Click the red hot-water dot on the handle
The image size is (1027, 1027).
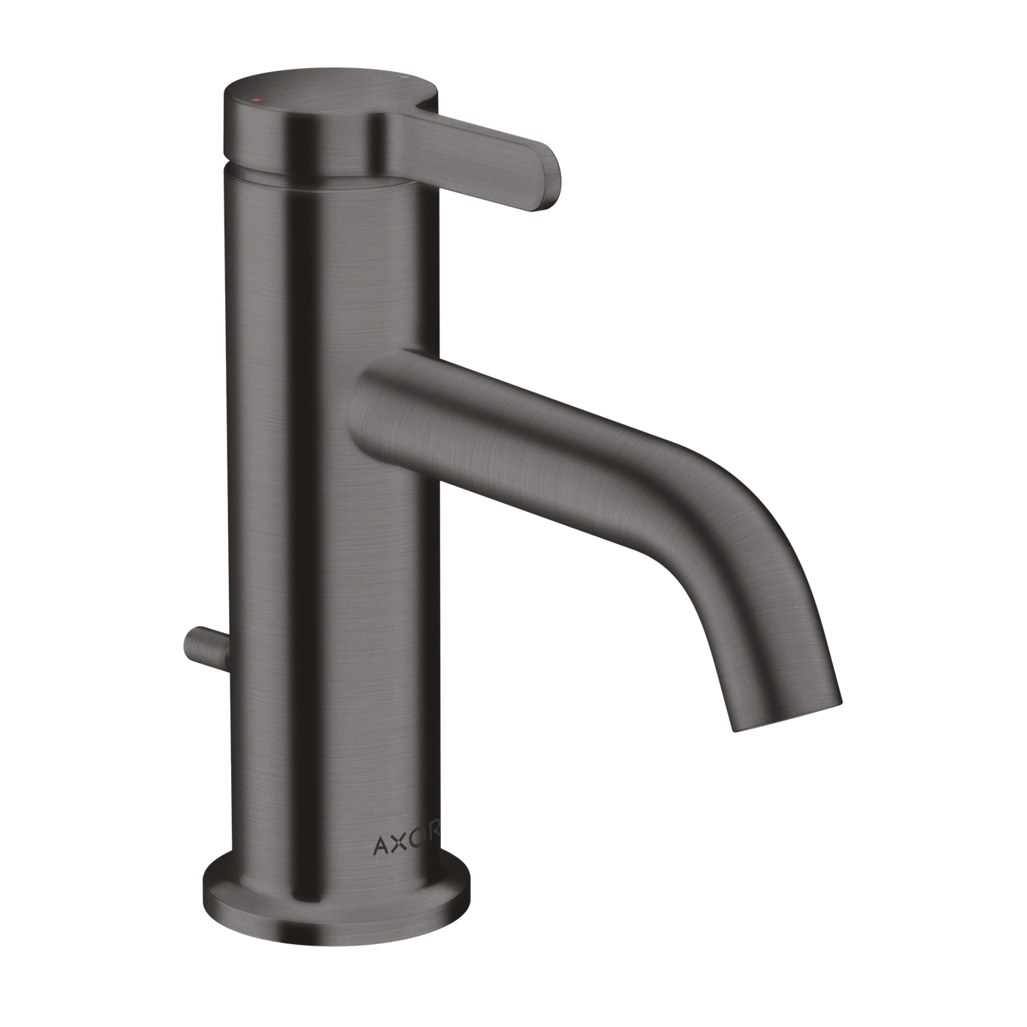(x=256, y=100)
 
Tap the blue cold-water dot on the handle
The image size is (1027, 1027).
(x=403, y=78)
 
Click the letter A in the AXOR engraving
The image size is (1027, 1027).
(x=381, y=845)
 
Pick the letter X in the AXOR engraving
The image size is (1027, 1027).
(x=399, y=844)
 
